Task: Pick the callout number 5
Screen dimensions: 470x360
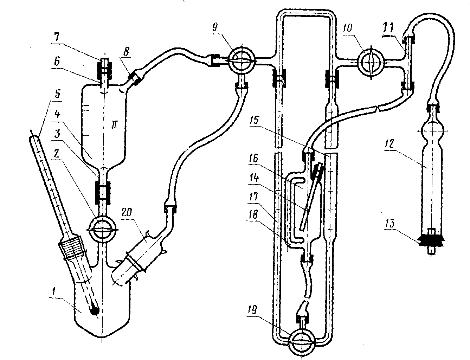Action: tap(57, 94)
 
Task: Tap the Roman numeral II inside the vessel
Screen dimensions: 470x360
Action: tap(114, 125)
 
